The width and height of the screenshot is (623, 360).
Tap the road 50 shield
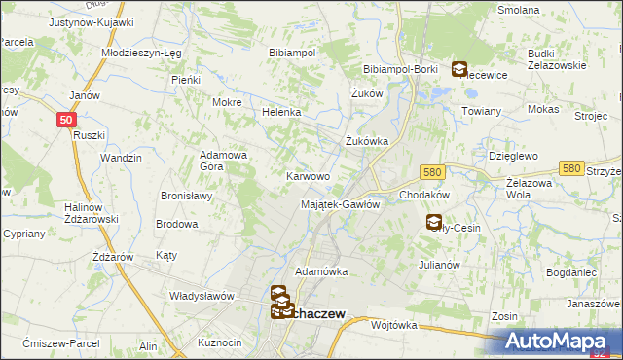65,119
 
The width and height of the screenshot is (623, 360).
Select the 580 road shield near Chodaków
433,171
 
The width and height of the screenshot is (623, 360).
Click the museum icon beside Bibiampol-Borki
458,69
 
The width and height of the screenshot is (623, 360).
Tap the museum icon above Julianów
433,223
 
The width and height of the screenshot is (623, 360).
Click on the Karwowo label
308,177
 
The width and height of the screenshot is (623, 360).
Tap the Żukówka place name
367,141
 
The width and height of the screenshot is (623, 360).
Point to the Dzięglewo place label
511,155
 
